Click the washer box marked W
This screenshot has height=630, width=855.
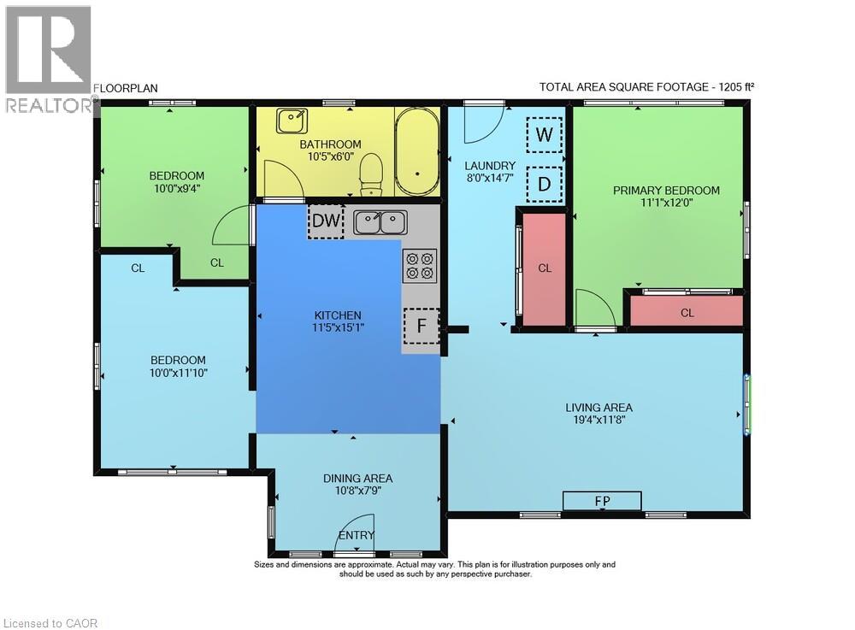544,134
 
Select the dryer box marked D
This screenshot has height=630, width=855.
544,184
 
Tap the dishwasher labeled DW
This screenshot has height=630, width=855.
326,221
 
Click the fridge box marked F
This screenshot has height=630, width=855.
422,326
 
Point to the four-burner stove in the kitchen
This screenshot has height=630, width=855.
420,266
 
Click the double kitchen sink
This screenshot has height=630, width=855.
380,222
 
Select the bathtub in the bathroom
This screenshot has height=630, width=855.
417,151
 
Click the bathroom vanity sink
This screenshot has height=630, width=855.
292,121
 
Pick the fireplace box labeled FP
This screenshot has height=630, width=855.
602,500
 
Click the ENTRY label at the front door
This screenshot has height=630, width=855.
357,535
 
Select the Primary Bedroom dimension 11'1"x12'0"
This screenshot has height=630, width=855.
666,203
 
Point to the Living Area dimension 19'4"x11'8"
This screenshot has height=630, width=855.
598,420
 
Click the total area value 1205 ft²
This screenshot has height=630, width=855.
736,86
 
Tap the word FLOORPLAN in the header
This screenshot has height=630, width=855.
126,88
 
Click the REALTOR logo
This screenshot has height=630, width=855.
48,59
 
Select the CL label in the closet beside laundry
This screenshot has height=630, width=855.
545,268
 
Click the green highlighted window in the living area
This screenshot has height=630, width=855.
747,403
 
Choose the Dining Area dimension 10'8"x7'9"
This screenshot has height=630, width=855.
357,491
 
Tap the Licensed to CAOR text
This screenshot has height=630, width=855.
50,623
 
